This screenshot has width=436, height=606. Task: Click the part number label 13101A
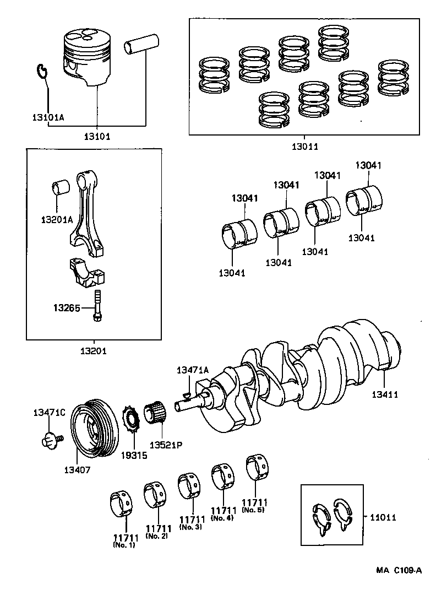tap(48, 117)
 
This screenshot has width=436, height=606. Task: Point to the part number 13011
tap(304, 147)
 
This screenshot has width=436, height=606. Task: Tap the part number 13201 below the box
tap(94, 351)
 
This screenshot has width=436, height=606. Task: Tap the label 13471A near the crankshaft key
tap(193, 370)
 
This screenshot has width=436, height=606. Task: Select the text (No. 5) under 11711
tap(255, 510)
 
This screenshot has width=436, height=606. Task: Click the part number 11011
tap(383, 518)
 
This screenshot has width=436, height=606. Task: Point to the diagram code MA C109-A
tap(399, 570)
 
